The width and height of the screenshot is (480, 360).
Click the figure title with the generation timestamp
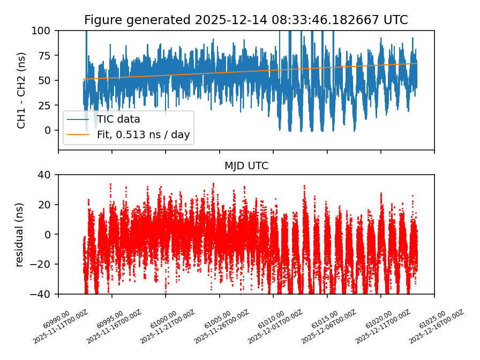click(x=246, y=20)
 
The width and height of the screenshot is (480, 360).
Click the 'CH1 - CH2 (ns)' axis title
click(x=21, y=90)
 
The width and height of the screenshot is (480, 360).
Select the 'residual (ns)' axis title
click(x=20, y=234)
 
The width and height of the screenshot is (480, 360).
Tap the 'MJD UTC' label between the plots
click(x=246, y=166)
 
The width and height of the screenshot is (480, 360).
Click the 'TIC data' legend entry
click(x=118, y=119)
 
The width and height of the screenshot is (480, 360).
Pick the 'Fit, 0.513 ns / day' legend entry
click(x=143, y=134)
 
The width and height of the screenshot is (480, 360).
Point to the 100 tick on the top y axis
click(x=44, y=31)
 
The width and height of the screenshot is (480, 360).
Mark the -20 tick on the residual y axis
click(x=43, y=265)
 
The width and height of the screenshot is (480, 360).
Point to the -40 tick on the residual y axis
click(x=43, y=294)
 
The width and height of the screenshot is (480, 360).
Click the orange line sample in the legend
click(x=78, y=134)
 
